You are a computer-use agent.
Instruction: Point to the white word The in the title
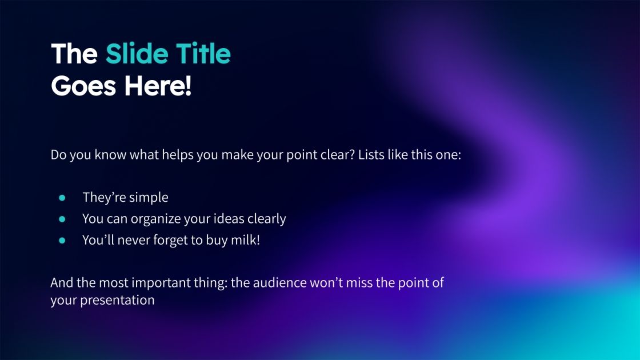coord(74,54)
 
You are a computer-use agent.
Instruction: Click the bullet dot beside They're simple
coord(62,198)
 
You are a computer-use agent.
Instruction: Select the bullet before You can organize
coord(62,219)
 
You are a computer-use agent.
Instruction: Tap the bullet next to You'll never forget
coord(62,240)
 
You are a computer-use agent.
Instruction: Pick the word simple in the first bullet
coord(149,198)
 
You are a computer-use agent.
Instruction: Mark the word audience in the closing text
coord(302,283)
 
